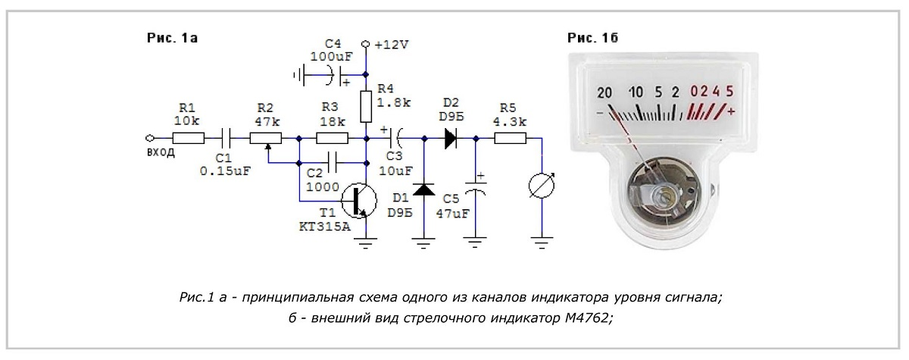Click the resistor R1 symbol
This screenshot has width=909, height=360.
coord(189,139)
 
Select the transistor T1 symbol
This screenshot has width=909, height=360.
coord(359,199)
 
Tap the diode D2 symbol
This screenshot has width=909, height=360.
coord(451,139)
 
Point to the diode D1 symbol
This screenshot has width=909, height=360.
coord(424,189)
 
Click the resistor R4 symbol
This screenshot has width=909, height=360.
coord(366,107)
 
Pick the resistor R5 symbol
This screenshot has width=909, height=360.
coord(510,139)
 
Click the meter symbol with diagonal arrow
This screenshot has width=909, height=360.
coord(542,186)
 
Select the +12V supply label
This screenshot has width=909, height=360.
coord(391,45)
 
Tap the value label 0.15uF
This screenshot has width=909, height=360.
coord(225,171)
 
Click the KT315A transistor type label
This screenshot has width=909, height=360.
coord(325,227)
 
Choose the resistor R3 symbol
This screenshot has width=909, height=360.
coord(332,139)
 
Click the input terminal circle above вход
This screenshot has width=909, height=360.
coord(150,139)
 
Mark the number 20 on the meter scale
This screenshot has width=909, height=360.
coord(604,93)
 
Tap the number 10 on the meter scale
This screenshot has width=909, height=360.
coord(636,92)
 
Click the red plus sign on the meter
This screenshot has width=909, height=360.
coord(731,111)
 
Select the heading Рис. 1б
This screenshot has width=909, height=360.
coord(592,38)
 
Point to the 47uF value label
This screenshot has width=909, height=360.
coord(452,214)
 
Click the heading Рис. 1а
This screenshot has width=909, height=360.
coord(172,38)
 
